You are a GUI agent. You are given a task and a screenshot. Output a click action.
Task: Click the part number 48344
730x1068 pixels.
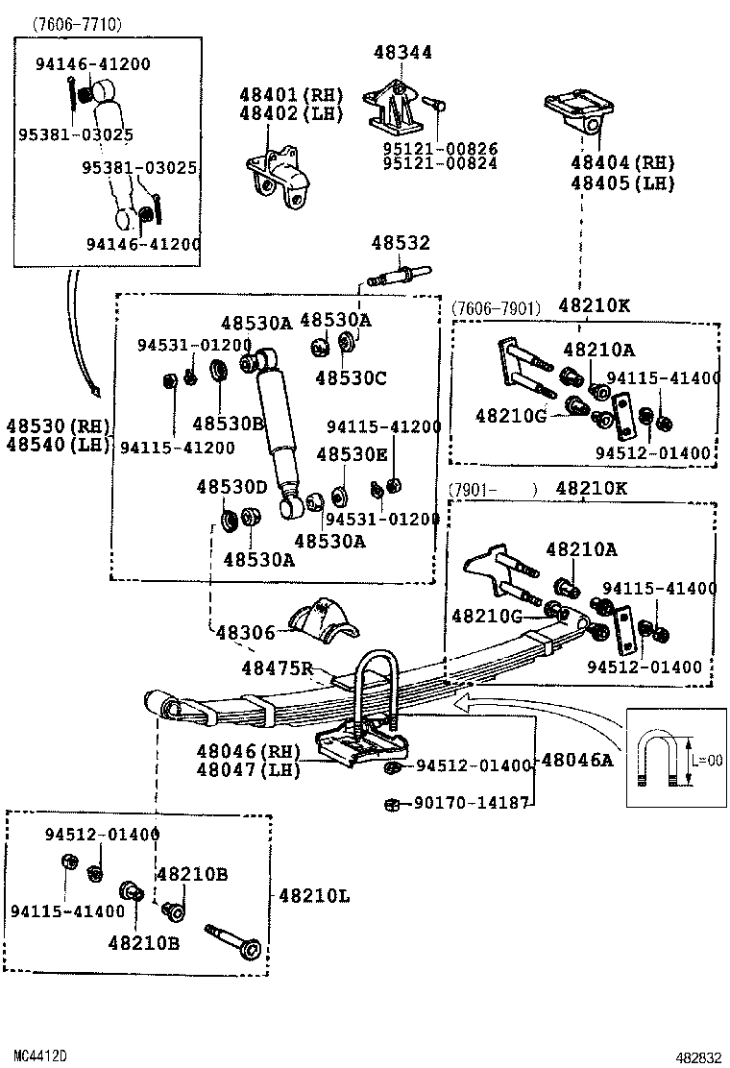402,52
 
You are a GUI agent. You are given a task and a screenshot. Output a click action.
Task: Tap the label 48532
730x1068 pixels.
401,242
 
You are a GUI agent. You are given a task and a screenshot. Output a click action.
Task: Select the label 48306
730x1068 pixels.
245,633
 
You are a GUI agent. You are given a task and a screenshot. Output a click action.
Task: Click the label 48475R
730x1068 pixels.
278,668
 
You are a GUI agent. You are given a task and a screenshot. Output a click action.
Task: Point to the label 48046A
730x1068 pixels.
577,760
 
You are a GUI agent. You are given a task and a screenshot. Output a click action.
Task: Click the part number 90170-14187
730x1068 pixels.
472,803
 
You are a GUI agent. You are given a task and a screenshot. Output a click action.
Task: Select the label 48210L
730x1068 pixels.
314,896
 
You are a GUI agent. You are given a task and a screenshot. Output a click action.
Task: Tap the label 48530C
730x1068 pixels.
351,378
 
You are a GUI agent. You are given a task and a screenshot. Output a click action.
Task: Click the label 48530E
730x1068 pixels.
353,454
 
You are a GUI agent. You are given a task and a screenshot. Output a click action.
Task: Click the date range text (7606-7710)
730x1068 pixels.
76,25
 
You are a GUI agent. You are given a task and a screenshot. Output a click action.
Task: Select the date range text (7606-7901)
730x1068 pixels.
495,308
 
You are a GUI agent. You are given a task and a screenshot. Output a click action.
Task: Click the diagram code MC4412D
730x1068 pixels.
40,1056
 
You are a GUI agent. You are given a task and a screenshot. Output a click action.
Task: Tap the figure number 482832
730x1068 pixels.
698,1057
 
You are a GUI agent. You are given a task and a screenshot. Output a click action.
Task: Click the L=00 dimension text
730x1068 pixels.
708,760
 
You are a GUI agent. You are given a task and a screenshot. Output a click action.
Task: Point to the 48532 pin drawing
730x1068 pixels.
399,276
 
